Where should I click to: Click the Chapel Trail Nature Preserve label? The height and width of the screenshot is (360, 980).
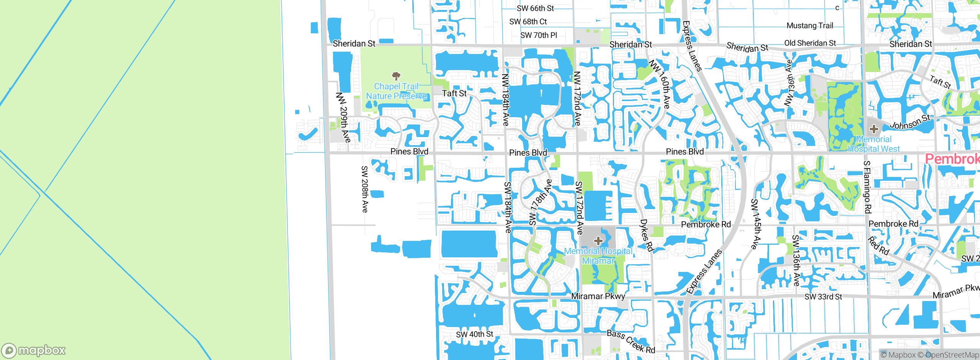[396, 91]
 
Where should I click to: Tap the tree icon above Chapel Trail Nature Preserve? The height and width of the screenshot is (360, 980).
[396, 75]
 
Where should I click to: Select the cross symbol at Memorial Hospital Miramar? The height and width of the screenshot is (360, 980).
[598, 241]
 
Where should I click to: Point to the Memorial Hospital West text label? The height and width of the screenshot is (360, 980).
[874, 144]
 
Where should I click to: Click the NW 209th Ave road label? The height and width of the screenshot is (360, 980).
[343, 117]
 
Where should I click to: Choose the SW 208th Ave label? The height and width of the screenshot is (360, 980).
[364, 189]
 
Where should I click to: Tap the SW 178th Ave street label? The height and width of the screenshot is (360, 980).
[540, 202]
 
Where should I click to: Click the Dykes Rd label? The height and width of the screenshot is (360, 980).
[647, 235]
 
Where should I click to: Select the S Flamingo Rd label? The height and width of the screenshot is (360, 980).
[867, 187]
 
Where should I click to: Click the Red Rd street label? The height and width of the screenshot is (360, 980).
[878, 246]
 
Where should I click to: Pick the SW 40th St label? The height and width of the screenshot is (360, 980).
[474, 334]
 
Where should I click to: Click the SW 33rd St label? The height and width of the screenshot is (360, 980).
[823, 296]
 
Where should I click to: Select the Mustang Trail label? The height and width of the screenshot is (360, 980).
[810, 26]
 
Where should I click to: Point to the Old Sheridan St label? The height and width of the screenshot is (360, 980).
[810, 43]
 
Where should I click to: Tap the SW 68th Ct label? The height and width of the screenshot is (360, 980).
[528, 21]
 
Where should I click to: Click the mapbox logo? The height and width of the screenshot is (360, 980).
[34, 350]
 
